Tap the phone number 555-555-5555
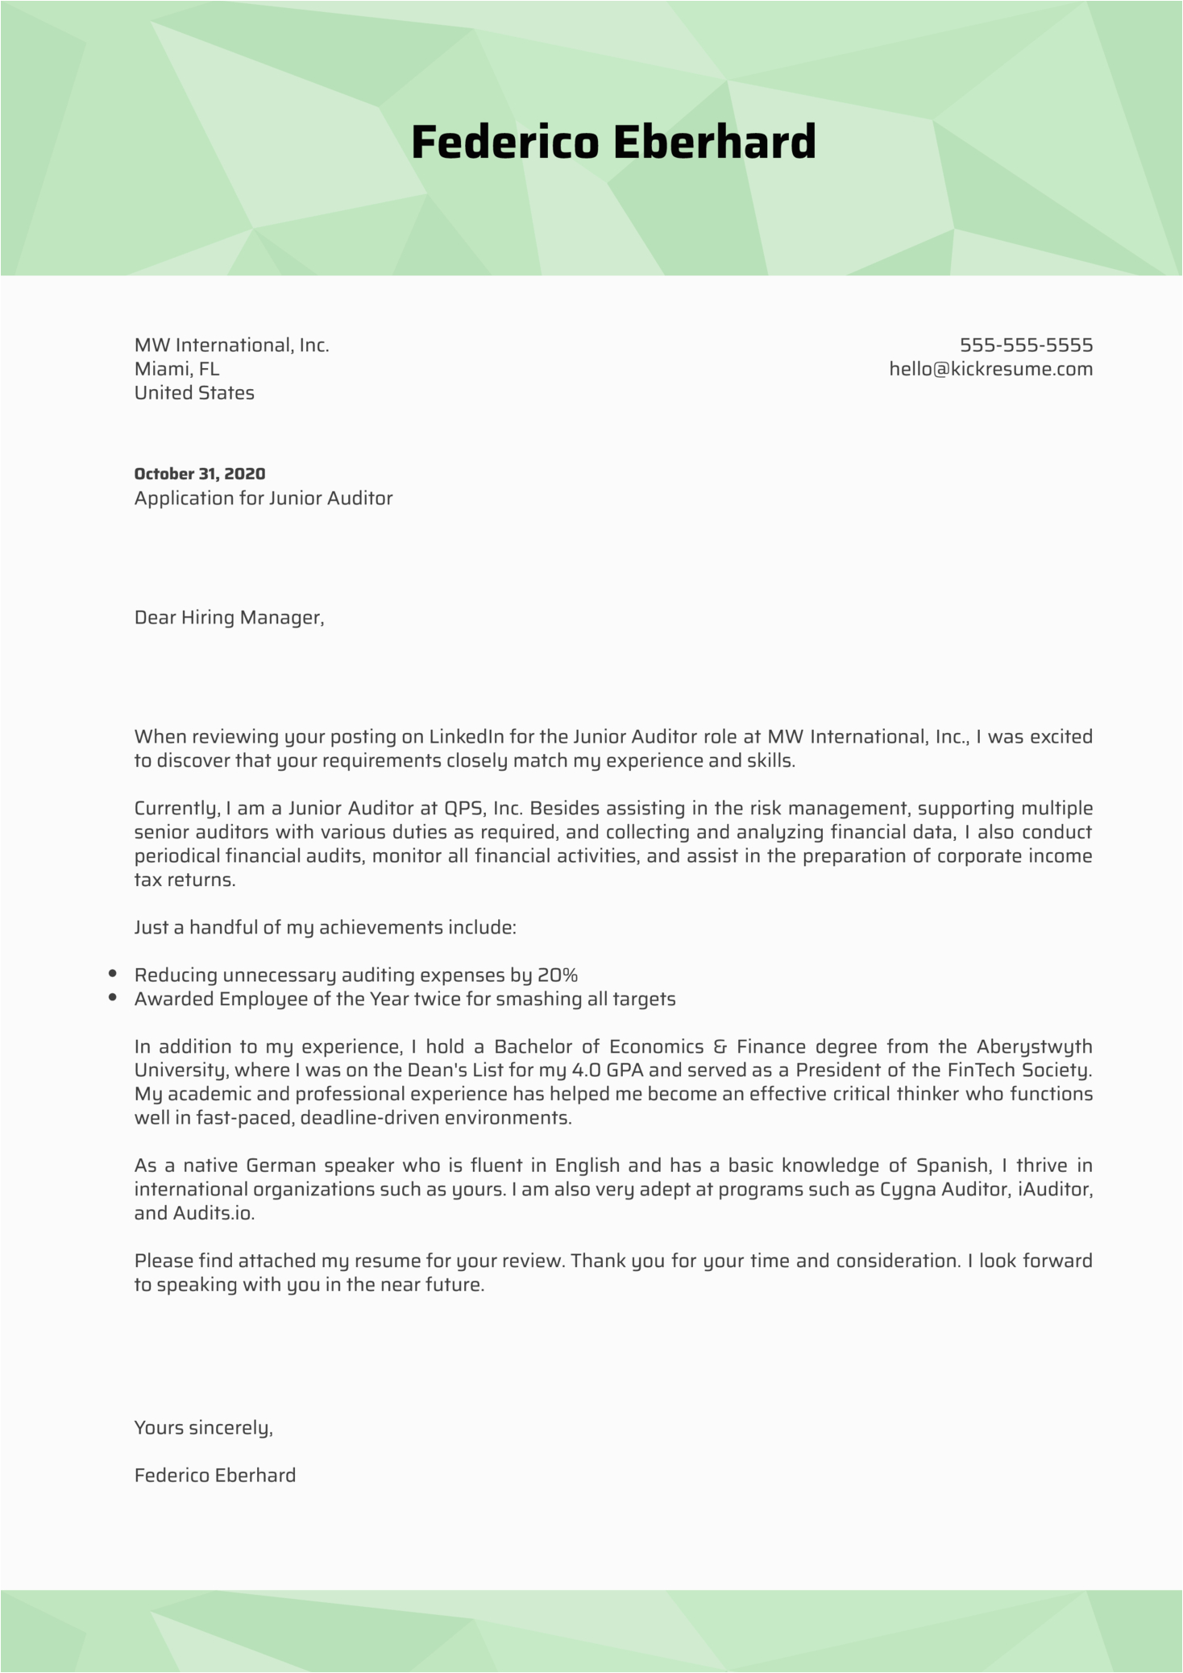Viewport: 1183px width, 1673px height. pos(1026,346)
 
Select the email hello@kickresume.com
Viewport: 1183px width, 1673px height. pos(990,370)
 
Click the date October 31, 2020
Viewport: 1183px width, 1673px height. pos(200,474)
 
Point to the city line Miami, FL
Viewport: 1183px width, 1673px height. pos(176,370)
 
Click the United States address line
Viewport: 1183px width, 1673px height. pos(194,393)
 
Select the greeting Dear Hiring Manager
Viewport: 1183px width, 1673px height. pos(229,618)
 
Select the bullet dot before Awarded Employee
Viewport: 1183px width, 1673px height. pos(113,999)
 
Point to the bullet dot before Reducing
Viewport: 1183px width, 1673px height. pos(113,975)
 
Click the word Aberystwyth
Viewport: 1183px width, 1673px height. pos(1034,1047)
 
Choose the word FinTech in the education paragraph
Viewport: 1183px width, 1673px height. pos(982,1070)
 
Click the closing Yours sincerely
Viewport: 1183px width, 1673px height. pos(203,1428)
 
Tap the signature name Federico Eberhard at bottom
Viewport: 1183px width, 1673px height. pos(215,1476)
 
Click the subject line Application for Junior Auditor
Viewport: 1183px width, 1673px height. pos(264,499)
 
